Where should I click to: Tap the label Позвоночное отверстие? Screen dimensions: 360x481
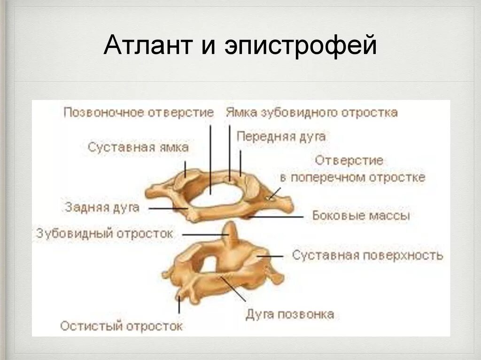point(139,113)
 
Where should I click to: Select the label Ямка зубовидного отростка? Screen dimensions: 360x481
point(311,113)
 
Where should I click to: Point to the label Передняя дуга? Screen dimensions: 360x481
point(281,137)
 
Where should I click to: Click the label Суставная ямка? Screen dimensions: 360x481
point(138,147)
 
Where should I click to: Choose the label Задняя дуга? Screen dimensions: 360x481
point(102,207)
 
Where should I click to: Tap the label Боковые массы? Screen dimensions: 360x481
point(361,216)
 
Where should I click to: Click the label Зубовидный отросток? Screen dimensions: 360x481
point(105,233)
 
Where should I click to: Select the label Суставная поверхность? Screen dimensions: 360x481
point(367,255)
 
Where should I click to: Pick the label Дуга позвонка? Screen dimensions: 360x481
point(290,314)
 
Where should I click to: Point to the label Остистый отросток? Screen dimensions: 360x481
point(121,326)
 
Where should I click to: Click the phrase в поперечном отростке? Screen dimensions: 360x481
point(352,178)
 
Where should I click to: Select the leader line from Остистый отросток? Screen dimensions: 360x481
point(179,305)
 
